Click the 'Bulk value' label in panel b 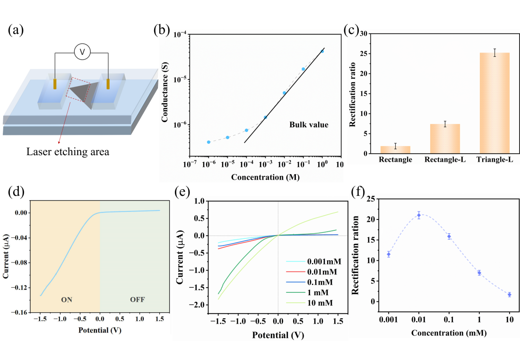(309, 125)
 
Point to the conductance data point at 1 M (322, 51)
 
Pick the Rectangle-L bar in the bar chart (445, 138)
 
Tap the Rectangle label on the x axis (395, 160)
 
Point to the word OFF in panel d (137, 299)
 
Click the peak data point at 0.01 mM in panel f (419, 215)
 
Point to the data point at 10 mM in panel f (510, 294)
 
